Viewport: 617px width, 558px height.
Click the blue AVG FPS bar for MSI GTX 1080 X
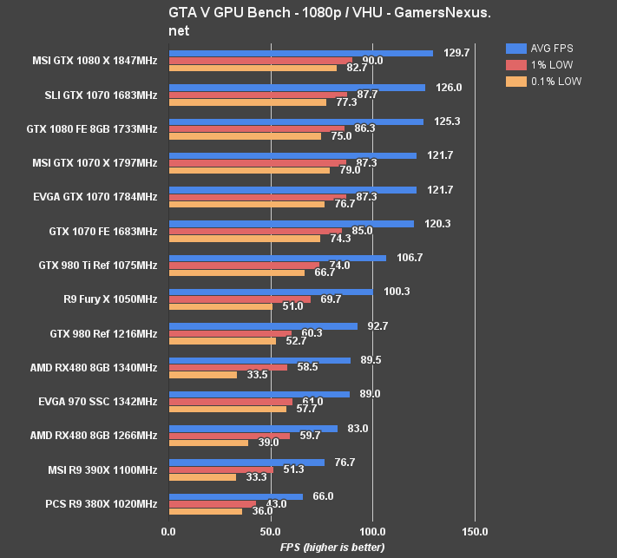tap(300, 53)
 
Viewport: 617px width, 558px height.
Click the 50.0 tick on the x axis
tap(271, 530)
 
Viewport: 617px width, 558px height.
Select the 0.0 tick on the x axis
tap(168, 530)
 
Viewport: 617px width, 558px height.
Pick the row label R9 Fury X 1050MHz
tap(110, 299)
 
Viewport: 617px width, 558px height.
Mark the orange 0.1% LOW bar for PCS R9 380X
tap(206, 511)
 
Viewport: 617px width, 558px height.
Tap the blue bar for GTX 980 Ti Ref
tap(277, 258)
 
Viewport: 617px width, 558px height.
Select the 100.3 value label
tap(396, 292)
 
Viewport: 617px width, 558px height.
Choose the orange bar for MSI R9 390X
tap(202, 477)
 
